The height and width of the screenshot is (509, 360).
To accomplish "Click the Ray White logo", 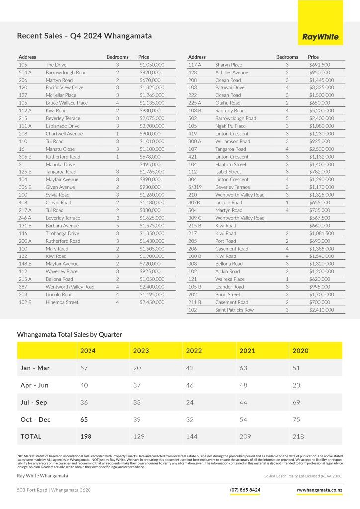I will click(x=321, y=37).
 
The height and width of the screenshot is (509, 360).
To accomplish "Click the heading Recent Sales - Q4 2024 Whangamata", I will click(x=85, y=36).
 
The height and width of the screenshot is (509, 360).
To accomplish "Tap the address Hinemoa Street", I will click(x=62, y=302).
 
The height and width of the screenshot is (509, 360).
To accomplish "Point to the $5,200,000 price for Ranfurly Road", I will click(x=319, y=111).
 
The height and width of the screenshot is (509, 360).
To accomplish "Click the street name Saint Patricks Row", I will click(x=234, y=310).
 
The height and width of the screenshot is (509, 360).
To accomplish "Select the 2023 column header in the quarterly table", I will click(x=141, y=351).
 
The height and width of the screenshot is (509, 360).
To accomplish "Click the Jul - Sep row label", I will click(x=34, y=402).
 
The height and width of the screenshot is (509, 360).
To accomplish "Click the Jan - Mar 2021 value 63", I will click(x=244, y=368).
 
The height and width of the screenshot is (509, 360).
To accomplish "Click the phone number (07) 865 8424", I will click(x=245, y=490).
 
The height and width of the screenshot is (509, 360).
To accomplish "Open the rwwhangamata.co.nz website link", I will click(x=319, y=490).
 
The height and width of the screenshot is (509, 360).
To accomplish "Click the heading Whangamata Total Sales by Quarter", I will click(x=70, y=335).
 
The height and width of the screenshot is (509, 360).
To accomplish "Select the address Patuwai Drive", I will click(x=230, y=87).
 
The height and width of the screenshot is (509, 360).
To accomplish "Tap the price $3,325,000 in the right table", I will click(x=319, y=87).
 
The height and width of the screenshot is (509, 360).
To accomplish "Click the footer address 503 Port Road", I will click(x=54, y=490).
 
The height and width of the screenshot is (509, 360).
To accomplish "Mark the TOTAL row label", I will click(x=31, y=436).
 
